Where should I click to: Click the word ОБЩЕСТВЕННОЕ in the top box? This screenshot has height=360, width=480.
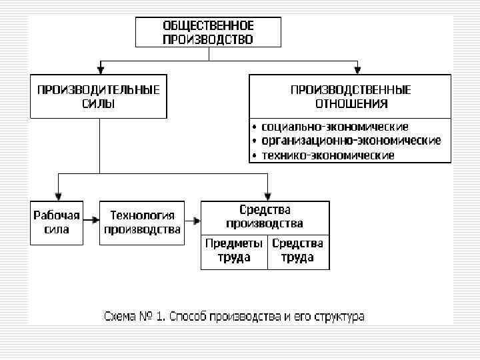[208, 26]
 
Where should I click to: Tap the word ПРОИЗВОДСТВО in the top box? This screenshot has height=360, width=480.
[208, 39]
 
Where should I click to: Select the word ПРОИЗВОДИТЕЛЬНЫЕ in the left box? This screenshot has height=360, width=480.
[98, 89]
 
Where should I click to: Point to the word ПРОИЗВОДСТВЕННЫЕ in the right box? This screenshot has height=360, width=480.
[351, 89]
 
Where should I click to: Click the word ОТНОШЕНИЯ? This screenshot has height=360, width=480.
[351, 103]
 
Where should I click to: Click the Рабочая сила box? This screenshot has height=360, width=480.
[57, 222]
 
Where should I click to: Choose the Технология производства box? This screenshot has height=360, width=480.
[142, 222]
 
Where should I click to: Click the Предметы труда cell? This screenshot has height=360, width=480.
[234, 251]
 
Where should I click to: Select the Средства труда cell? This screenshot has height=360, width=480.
[298, 251]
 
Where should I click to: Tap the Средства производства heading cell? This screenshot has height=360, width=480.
[265, 217]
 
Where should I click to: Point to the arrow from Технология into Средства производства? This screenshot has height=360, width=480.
[193, 222]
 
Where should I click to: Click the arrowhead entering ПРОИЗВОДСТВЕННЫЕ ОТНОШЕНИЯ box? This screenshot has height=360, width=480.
[357, 69]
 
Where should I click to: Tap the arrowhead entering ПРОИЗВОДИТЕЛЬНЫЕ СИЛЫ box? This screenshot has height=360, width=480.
[100, 69]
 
